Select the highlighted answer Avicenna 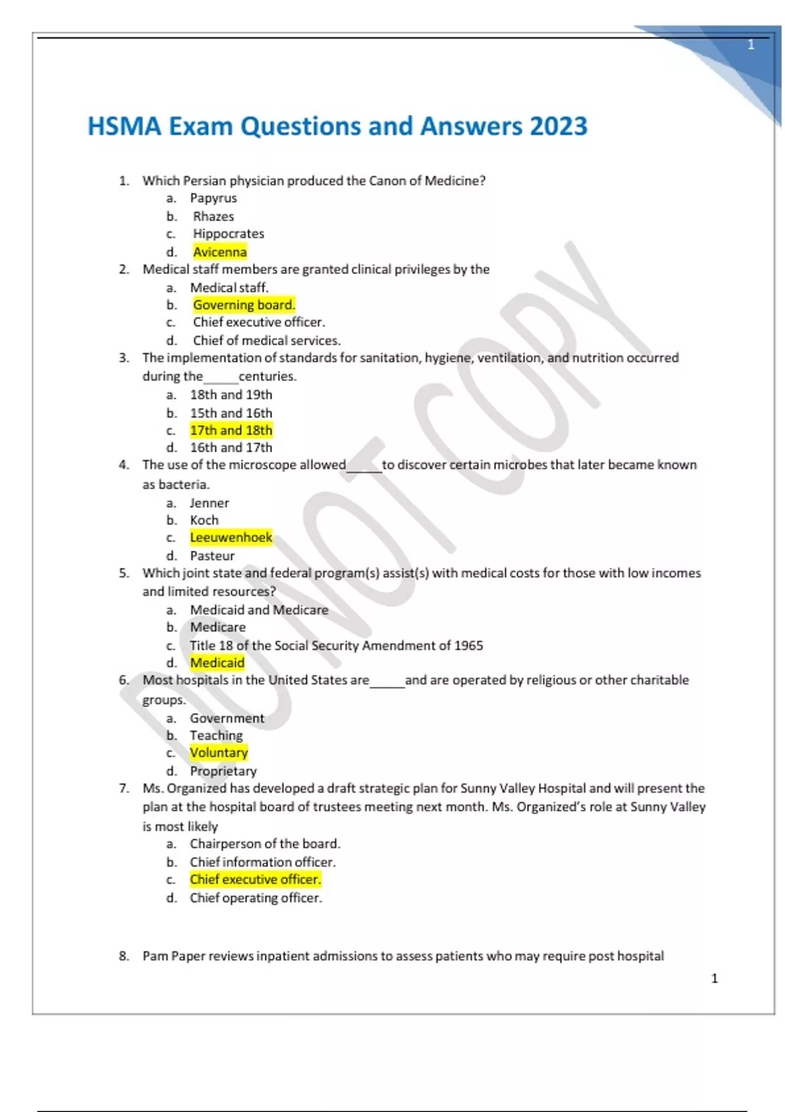[220, 252]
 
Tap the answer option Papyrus [213, 198]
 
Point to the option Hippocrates [228, 234]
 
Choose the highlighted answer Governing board [244, 305]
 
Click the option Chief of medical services [266, 340]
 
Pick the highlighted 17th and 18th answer [231, 430]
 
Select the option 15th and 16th [231, 413]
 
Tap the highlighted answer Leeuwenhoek [231, 538]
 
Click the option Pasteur [212, 555]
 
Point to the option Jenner [209, 503]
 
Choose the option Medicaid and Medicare [259, 610]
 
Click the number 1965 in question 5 [468, 646]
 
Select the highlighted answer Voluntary [218, 753]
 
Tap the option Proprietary [223, 771]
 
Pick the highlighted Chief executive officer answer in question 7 [255, 880]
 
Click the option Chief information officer [262, 862]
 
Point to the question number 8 [124, 956]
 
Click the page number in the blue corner [751, 45]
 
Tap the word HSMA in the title [124, 126]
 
